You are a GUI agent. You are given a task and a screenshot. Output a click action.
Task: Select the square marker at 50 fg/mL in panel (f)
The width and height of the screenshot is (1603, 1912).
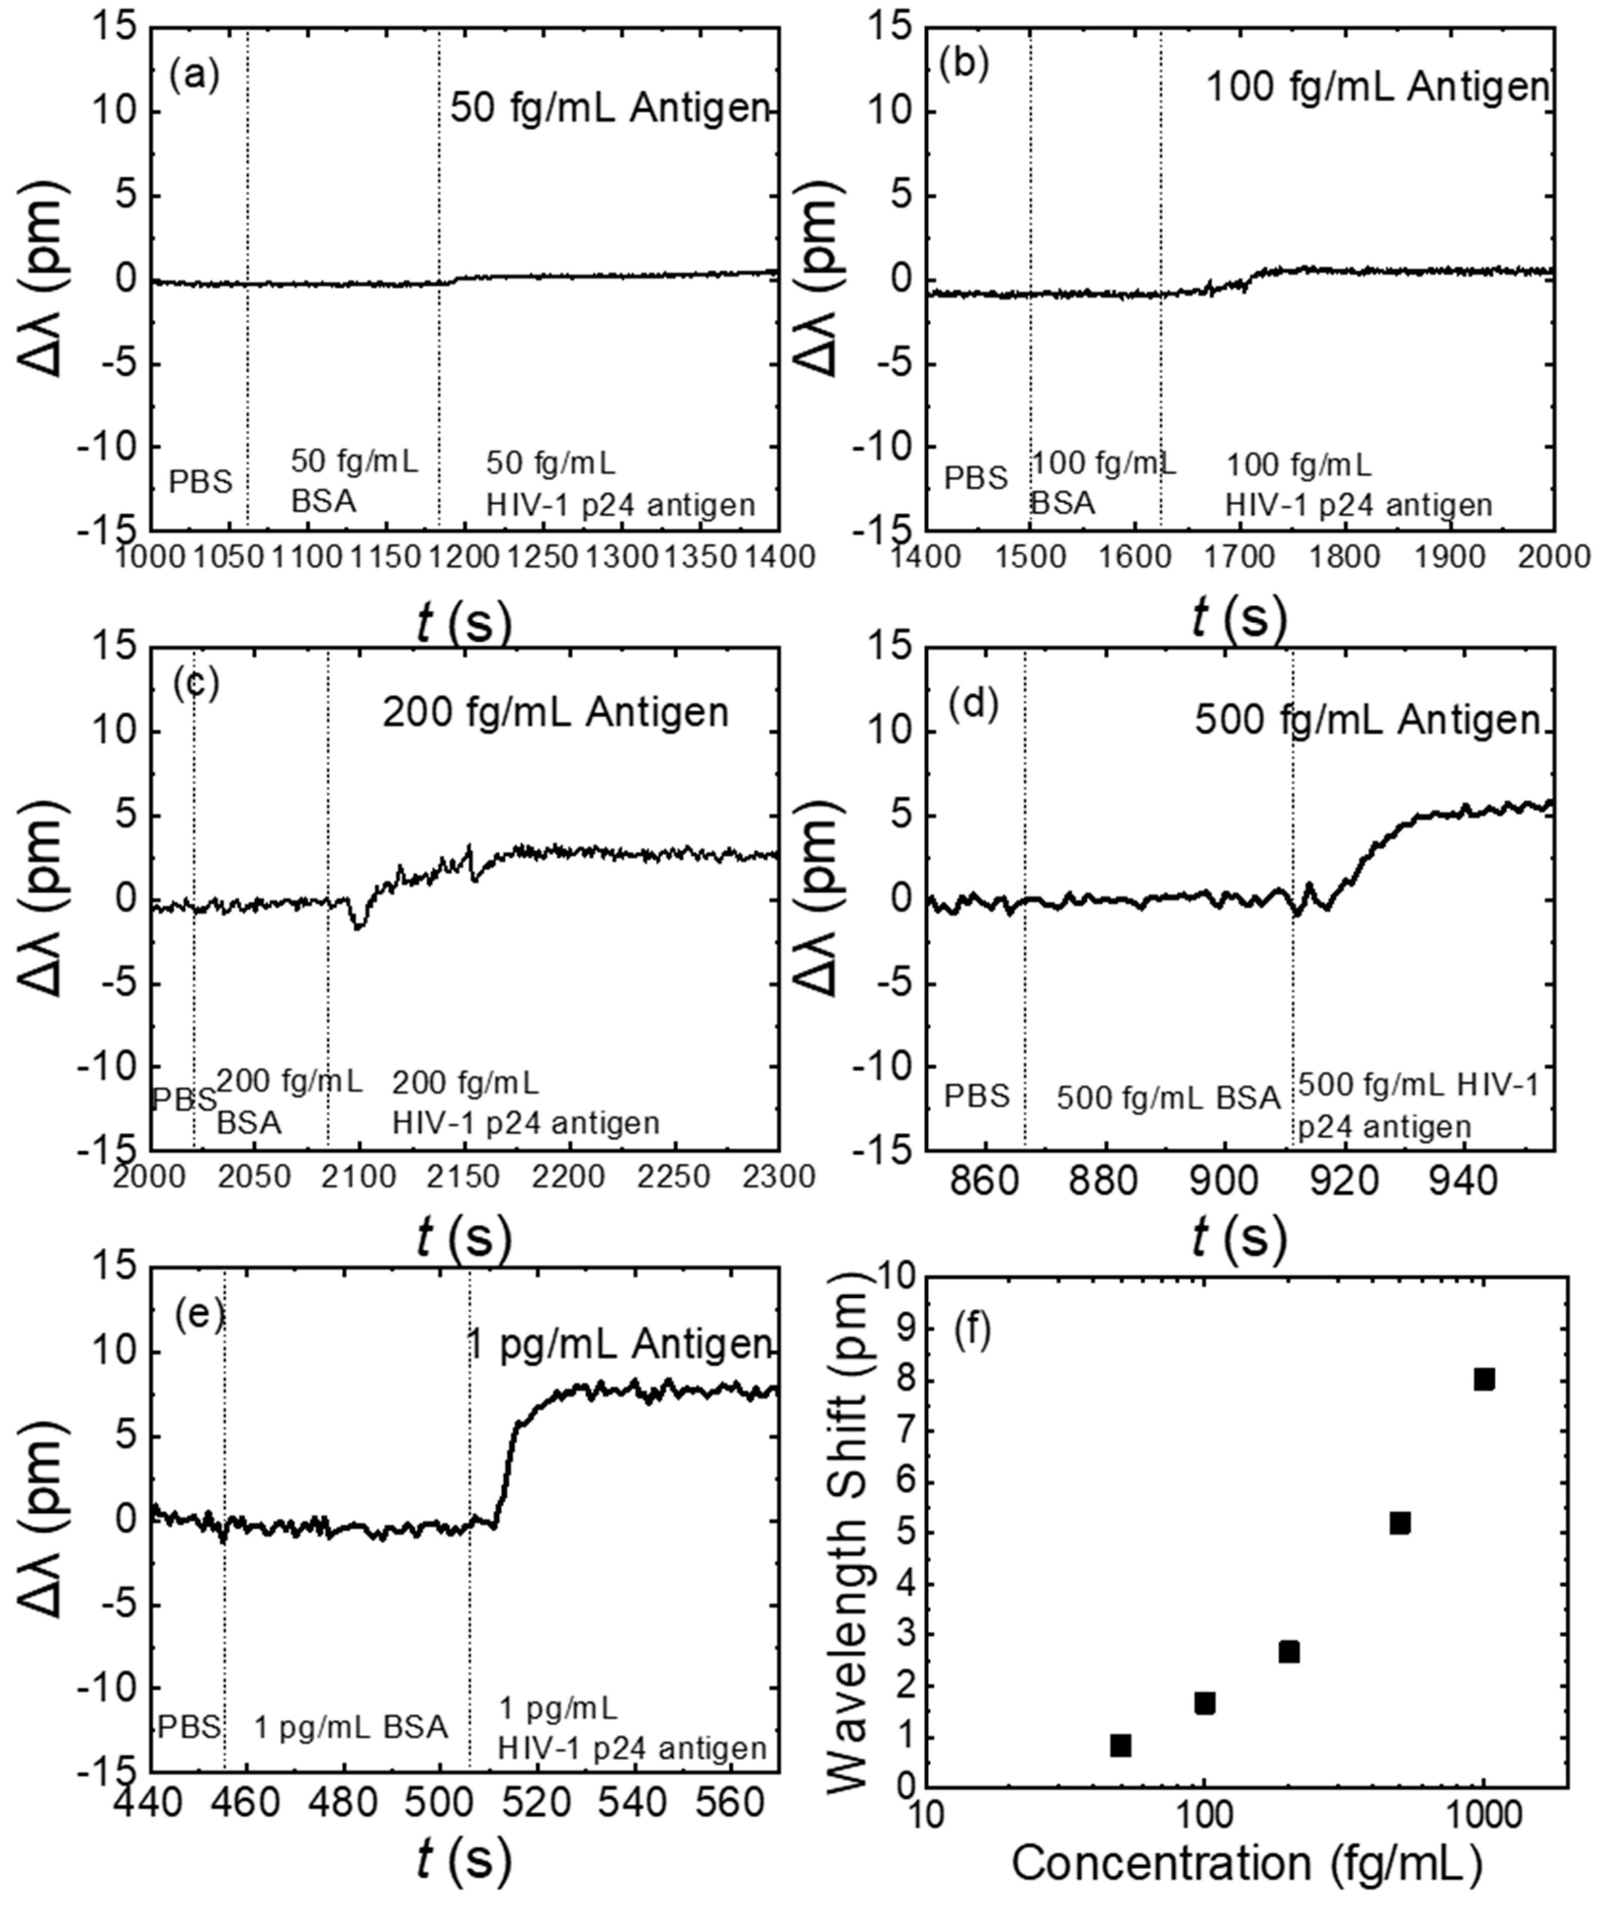point(1120,1745)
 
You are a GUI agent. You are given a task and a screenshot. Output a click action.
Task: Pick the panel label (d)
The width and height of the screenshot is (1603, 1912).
point(974,704)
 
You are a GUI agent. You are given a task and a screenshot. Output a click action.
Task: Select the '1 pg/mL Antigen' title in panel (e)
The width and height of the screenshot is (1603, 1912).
point(619,1344)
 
